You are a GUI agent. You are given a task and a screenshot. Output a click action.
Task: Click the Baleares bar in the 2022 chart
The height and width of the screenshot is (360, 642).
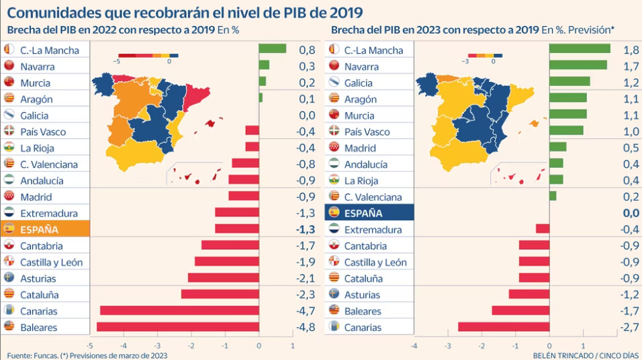point(178,327)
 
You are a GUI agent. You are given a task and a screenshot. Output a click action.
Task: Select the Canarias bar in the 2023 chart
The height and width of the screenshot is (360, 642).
point(504,327)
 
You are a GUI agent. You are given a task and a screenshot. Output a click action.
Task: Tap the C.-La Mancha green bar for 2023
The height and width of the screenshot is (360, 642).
point(580,49)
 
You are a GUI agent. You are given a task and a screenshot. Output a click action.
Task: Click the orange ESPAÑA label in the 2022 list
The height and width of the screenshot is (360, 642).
point(45,229)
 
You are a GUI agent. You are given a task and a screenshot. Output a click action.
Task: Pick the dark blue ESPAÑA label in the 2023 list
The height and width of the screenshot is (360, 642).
point(369,213)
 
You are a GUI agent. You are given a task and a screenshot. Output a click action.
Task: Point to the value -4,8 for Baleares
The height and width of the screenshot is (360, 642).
point(306,327)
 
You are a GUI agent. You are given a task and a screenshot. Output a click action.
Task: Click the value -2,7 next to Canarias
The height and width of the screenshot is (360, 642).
point(630,327)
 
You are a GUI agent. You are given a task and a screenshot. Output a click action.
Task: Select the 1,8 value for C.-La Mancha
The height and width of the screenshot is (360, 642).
point(631,50)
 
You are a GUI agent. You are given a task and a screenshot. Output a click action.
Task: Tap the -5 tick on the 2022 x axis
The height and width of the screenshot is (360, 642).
point(89,346)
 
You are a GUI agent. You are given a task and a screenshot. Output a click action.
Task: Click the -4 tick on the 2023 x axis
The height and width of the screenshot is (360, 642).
point(414,346)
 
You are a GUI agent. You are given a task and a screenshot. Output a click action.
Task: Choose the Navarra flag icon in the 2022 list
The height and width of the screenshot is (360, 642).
point(9,66)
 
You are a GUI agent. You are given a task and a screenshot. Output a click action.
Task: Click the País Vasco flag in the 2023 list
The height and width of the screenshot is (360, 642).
point(334,131)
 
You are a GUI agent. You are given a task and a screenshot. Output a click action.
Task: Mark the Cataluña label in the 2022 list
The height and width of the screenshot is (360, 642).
point(40,295)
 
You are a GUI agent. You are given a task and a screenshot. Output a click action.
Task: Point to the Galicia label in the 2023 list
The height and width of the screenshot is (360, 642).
point(358,83)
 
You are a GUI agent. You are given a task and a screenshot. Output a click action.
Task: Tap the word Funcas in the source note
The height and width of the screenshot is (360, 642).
point(46,355)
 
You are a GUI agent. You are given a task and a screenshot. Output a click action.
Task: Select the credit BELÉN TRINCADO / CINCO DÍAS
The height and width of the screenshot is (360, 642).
point(586,355)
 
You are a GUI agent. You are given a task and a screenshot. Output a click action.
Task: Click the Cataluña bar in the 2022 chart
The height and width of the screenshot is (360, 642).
point(220,294)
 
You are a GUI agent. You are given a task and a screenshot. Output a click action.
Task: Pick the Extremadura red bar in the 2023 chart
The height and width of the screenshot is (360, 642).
point(543,228)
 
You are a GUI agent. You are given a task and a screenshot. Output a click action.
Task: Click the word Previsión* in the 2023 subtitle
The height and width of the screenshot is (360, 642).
point(591,30)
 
